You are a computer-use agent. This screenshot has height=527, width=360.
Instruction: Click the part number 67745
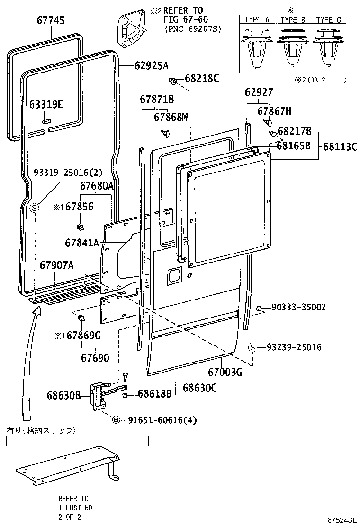tap(51, 20)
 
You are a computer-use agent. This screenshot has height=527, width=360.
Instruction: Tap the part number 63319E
tap(46, 105)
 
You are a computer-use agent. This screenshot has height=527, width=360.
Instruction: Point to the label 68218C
tap(202, 78)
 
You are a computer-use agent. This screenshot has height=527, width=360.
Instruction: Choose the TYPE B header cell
tap(292, 20)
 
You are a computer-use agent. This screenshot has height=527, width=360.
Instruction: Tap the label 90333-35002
tap(299, 308)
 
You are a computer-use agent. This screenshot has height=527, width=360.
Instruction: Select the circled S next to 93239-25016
tap(253, 347)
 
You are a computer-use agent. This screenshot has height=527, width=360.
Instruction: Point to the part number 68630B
tap(64, 394)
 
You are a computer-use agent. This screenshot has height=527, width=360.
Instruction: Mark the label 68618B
tap(154, 394)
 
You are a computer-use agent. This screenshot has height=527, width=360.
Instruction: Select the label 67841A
tap(82, 243)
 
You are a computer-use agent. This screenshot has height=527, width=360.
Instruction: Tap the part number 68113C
tap(340, 146)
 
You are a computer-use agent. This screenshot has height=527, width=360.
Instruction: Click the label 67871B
tap(157, 100)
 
